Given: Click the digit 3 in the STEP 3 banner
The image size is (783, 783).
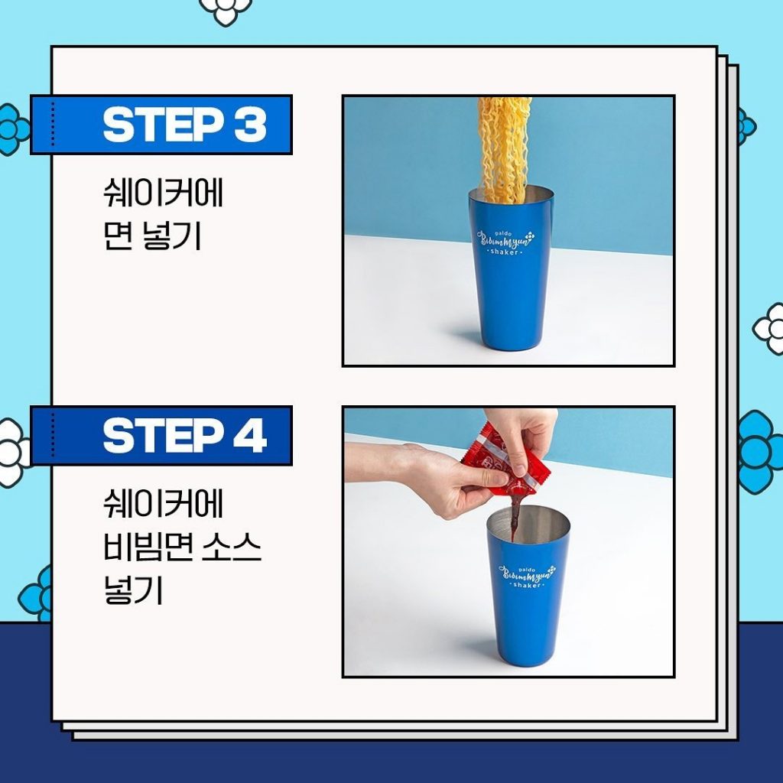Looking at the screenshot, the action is coord(250,125).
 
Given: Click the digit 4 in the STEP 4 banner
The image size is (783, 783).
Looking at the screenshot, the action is coord(250,435).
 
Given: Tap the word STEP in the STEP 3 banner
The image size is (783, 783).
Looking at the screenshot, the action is coord(163,125).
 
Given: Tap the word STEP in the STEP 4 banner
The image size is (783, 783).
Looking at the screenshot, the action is coord(163,435).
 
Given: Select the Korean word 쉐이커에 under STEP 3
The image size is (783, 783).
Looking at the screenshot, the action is coord(163,193).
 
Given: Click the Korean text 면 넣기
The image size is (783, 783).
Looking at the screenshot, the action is coord(152,236).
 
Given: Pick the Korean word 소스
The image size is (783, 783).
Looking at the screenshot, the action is coord(232,547).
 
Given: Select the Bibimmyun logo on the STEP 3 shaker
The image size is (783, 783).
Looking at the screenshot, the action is coord(505,242).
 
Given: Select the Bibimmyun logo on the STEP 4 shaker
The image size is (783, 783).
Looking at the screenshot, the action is coord(527,577).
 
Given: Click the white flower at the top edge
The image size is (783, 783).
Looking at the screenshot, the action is coord(226,10).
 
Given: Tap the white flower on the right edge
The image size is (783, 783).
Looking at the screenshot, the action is coord(769,329).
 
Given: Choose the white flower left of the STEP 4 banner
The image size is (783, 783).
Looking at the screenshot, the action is coord(13,453).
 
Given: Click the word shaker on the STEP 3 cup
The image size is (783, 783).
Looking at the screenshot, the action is coord(505,252).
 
